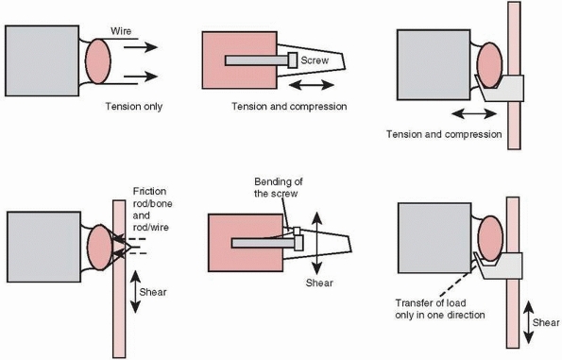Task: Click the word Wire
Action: click(x=121, y=31)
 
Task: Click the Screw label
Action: click(x=315, y=60)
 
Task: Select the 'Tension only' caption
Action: click(x=134, y=107)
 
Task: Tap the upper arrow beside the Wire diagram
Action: click(x=141, y=47)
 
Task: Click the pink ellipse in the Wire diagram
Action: click(x=98, y=61)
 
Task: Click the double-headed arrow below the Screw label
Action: click(x=311, y=85)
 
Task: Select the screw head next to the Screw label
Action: click(x=293, y=60)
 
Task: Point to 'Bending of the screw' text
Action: click(x=278, y=187)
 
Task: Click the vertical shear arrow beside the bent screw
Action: click(x=316, y=243)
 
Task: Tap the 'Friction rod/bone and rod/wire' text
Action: click(x=152, y=209)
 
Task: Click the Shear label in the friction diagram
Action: click(x=153, y=292)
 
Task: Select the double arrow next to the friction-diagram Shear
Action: click(x=135, y=292)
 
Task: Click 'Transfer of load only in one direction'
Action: click(x=440, y=309)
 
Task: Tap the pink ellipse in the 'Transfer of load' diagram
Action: click(x=490, y=238)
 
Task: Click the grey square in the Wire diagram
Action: click(x=42, y=60)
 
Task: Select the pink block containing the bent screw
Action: click(x=246, y=243)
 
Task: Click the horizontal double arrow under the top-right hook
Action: click(x=474, y=114)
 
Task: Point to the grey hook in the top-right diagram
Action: click(x=501, y=88)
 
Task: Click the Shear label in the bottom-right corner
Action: click(x=546, y=323)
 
